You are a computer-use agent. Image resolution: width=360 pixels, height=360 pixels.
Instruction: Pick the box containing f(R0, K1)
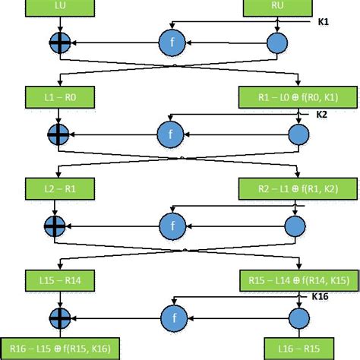[x=288, y=98]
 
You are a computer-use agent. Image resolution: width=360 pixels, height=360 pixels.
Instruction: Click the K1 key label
[x=323, y=24]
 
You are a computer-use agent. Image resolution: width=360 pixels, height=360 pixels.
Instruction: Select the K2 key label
[x=323, y=115]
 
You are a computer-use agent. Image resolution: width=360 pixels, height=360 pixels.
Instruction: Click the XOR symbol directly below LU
[x=58, y=43]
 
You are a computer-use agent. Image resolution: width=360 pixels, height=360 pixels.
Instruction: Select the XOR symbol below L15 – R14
[x=58, y=315]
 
